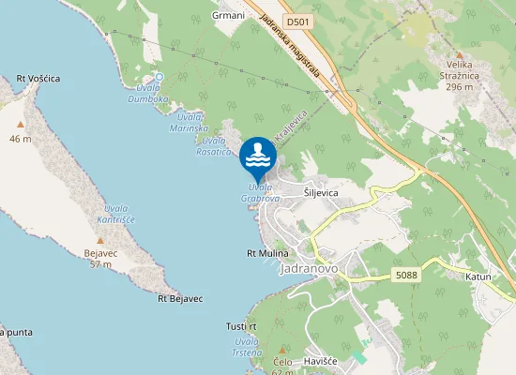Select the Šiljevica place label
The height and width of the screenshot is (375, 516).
click(x=321, y=192)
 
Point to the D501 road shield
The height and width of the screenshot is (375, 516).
click(x=297, y=21)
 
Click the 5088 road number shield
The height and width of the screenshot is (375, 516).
click(x=406, y=275)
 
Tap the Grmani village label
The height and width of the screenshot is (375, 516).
click(x=228, y=16)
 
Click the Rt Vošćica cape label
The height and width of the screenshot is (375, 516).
click(x=38, y=79)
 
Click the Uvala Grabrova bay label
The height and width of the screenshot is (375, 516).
click(x=260, y=192)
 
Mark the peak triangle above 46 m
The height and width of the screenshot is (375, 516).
click(x=20, y=123)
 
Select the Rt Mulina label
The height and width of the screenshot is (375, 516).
click(x=266, y=253)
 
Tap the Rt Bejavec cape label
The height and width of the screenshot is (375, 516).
click(x=180, y=299)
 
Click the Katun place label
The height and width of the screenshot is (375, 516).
click(x=478, y=277)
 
